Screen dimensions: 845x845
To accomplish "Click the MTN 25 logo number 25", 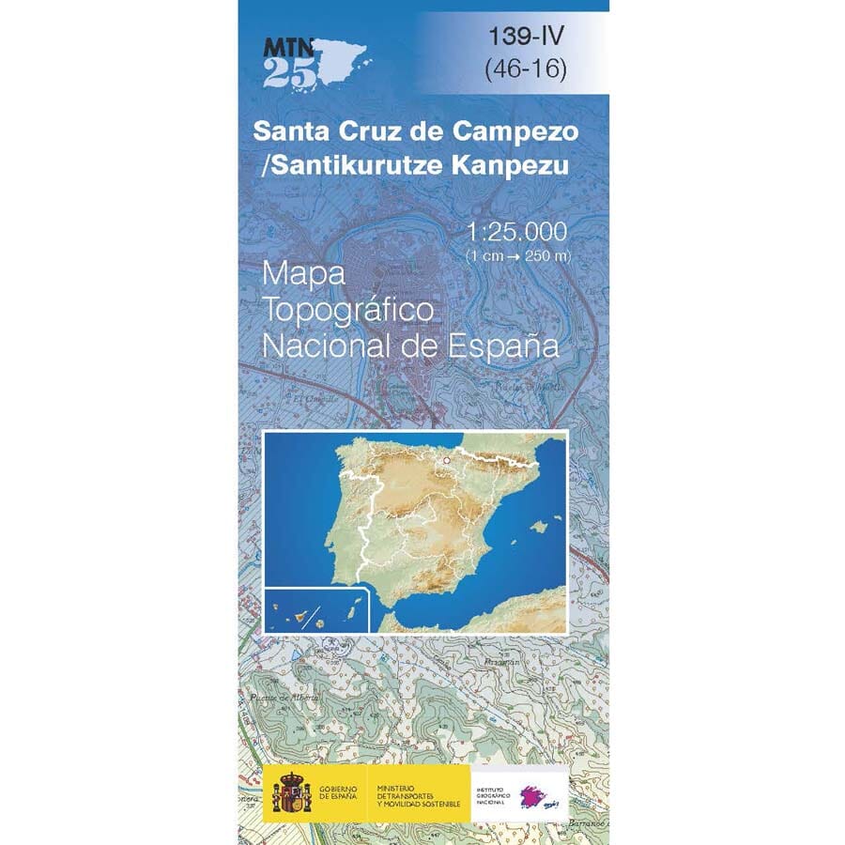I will point(284,74).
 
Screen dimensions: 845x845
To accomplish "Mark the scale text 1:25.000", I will point(517,232).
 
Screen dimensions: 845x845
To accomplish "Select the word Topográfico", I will point(347,310).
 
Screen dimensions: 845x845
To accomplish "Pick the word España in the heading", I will point(507,346).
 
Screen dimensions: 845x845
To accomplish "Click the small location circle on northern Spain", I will point(447,460).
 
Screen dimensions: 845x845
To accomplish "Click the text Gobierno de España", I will point(338,794).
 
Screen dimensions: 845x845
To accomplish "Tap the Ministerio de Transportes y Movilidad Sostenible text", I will point(418,794).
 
